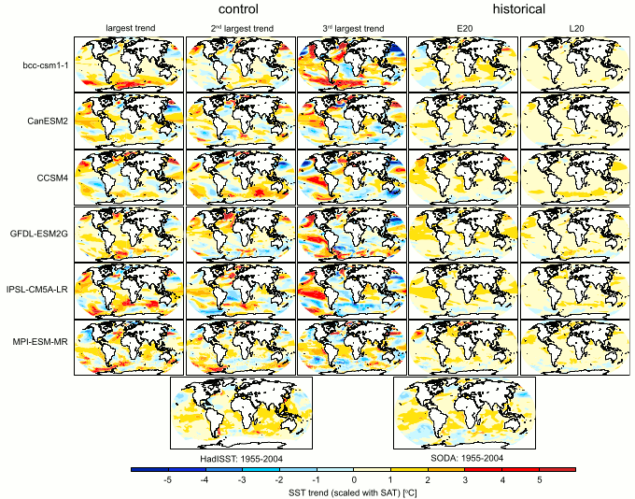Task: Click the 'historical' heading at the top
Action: point(515,9)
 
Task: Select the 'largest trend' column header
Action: point(129,30)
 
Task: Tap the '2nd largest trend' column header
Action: point(240,30)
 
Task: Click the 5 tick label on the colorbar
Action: point(538,478)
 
